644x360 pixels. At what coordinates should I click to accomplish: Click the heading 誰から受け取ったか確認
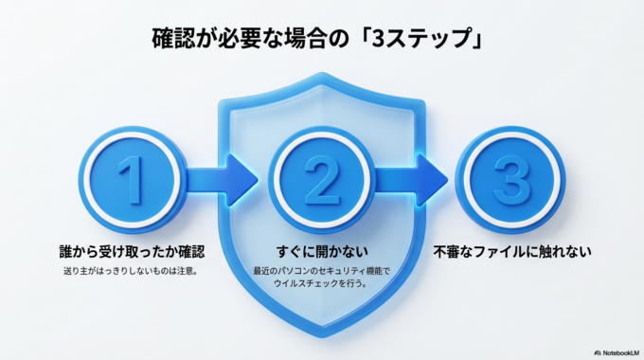tap(132, 253)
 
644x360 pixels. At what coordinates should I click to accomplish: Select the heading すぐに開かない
tap(321, 253)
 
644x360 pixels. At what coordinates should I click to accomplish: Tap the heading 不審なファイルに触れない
tap(513, 253)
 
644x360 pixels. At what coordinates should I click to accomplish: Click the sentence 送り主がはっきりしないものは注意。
tap(132, 271)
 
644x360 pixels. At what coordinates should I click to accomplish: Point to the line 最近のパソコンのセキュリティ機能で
tap(321, 272)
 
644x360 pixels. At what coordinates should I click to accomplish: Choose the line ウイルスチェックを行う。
tap(321, 285)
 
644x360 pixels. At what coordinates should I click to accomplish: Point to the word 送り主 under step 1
tap(73, 271)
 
